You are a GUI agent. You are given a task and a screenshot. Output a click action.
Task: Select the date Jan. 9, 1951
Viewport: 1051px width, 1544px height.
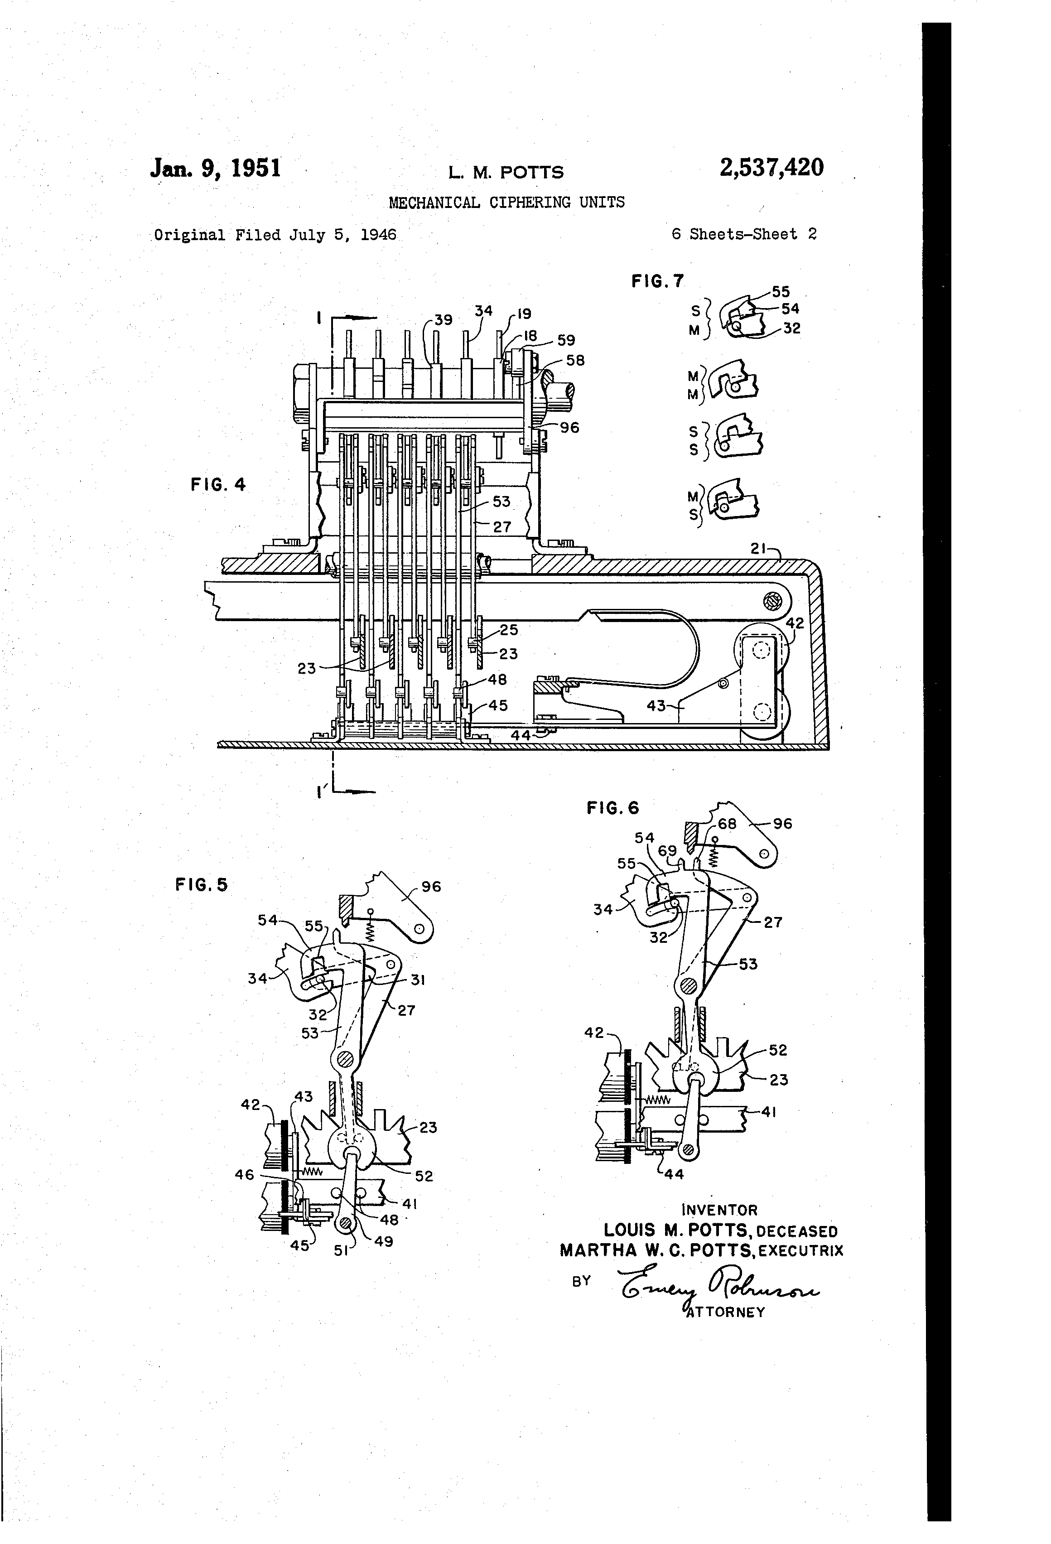click(x=216, y=168)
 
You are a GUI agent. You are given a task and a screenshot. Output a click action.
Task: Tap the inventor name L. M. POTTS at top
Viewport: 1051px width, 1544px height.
click(x=506, y=173)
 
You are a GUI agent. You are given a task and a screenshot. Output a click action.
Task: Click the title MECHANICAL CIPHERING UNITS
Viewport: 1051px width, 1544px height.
click(x=506, y=202)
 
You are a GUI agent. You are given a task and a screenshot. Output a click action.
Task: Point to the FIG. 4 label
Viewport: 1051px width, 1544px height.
click(x=218, y=484)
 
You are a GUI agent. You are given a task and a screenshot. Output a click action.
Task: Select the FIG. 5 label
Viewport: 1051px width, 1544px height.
click(x=201, y=884)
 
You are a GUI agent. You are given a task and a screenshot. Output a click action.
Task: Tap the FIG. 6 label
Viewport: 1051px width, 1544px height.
click(x=612, y=807)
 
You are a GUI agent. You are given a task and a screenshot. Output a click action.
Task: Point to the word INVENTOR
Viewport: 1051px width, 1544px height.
click(x=719, y=1210)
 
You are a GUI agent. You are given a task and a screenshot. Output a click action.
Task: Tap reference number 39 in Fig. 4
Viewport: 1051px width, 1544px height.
click(x=443, y=319)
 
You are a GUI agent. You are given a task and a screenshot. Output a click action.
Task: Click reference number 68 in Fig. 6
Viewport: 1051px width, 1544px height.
click(x=728, y=824)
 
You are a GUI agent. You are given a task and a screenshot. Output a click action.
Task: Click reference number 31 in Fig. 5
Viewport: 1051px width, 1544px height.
click(x=418, y=979)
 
